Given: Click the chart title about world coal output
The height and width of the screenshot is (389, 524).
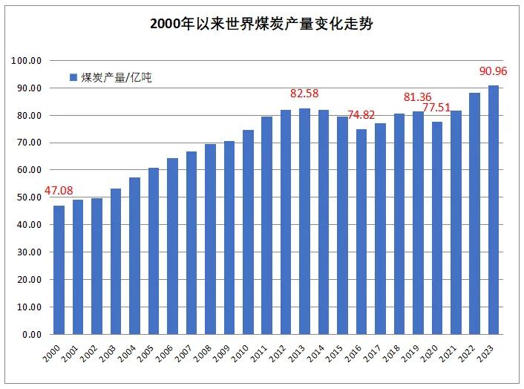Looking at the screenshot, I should [x=261, y=24].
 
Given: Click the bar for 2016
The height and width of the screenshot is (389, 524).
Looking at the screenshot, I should [x=361, y=232].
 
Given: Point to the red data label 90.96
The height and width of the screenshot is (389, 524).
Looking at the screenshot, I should [x=493, y=73].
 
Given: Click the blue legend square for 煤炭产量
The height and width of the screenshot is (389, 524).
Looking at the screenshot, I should [x=73, y=77].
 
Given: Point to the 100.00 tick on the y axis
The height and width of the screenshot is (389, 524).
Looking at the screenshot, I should [x=27, y=61].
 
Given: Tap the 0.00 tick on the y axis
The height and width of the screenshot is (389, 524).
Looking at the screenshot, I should [x=31, y=334].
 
